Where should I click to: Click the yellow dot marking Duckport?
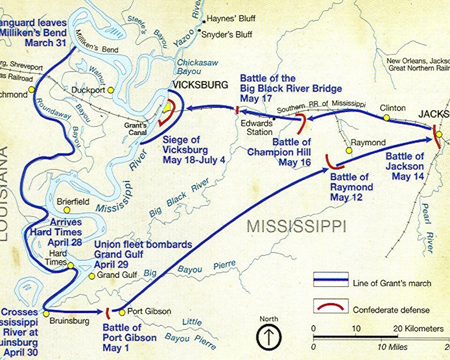point(110,90)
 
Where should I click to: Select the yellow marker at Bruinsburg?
point(46,313)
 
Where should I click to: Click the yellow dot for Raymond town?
point(349,149)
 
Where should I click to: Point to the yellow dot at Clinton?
point(386,117)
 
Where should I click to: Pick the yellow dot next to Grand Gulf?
point(91,275)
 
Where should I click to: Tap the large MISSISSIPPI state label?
point(296,226)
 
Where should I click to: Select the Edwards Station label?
point(257,126)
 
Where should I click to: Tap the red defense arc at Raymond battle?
point(331,161)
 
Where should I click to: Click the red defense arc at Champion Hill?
point(302,122)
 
